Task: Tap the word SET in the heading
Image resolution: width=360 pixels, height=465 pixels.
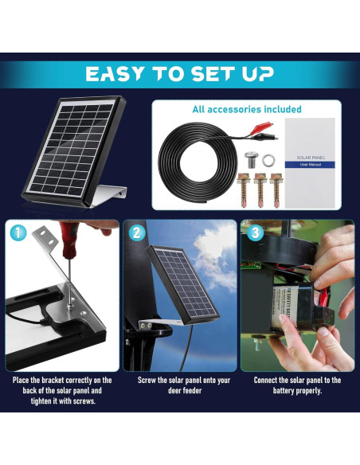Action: coord(208,74)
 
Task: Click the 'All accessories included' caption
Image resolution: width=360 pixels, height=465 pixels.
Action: coord(246,109)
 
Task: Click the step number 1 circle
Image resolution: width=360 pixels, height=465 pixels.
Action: coord(18,233)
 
